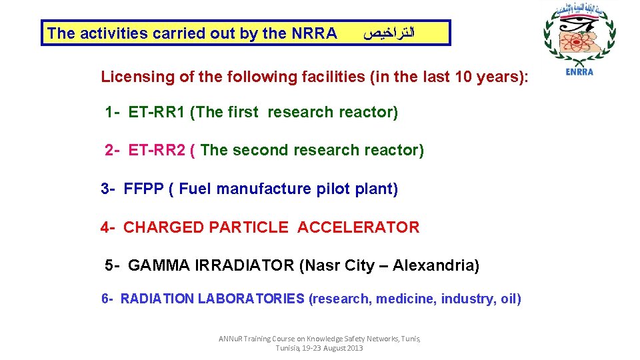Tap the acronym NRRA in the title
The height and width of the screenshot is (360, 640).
[x=314, y=33]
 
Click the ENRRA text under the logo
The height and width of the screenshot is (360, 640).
[x=579, y=73]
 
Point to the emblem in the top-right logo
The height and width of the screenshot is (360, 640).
[x=578, y=37]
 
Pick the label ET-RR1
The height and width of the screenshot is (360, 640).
[x=157, y=113]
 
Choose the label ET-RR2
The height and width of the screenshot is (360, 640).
[x=157, y=151]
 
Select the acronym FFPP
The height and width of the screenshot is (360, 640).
[x=144, y=189]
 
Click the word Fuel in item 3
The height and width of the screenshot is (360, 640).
[x=195, y=189]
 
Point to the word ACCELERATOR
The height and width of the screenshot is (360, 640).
[x=359, y=228]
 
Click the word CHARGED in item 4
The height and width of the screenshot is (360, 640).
[x=164, y=228]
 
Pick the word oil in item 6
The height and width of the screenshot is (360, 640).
[x=509, y=299]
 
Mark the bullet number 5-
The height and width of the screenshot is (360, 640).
[x=113, y=266]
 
